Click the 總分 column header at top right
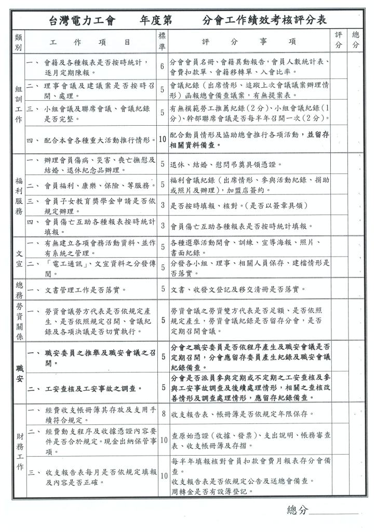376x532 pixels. click(x=356, y=40)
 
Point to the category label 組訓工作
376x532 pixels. click(x=19, y=103)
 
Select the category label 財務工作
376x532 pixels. click(x=19, y=450)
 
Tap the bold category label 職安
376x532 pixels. click(x=19, y=374)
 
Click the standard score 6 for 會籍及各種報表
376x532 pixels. click(x=162, y=66)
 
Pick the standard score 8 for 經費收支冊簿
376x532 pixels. click(x=163, y=414)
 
